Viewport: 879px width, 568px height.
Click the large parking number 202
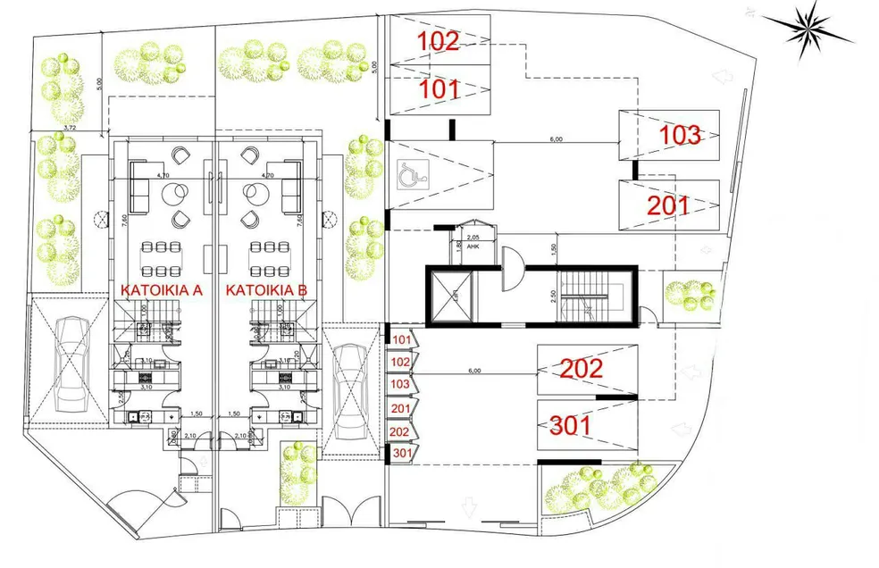pyautogui.click(x=581, y=368)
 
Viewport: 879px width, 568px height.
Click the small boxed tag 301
pyautogui.click(x=401, y=453)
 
